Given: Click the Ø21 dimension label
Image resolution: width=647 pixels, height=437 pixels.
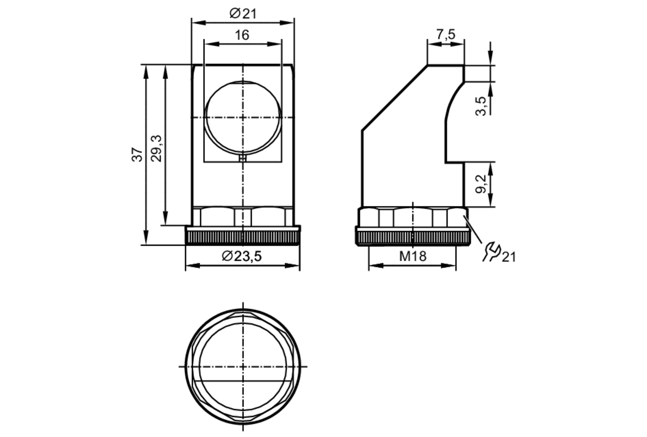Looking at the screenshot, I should click(x=243, y=14).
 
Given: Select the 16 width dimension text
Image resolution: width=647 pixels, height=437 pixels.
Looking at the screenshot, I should click(x=242, y=35).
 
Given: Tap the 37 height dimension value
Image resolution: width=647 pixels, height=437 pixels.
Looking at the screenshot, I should click(x=137, y=154).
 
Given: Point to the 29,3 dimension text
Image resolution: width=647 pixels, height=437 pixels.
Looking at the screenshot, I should click(x=157, y=149).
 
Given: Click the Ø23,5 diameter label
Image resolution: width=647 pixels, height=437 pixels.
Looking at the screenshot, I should click(x=242, y=256).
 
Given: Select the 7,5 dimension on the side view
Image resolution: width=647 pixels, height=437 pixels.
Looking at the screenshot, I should click(x=446, y=34).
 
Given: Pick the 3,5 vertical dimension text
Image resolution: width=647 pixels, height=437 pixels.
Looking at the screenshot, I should click(x=481, y=106).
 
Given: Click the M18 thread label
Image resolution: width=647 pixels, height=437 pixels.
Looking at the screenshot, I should click(x=413, y=256).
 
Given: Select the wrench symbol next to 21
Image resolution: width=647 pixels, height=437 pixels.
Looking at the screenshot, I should click(x=492, y=251).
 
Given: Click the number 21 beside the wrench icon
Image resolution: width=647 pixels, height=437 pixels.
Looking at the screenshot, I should click(x=509, y=257).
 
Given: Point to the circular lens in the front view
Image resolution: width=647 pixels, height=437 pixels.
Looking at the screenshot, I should click(x=243, y=117).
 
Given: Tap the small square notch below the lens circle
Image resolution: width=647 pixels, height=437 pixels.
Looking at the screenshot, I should click(x=243, y=158).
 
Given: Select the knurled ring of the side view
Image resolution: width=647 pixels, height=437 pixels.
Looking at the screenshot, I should click(x=413, y=238).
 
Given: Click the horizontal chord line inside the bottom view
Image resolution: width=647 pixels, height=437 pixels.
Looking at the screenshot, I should click(x=243, y=381).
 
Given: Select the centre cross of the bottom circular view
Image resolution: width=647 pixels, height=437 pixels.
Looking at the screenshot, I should click(x=243, y=366).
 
